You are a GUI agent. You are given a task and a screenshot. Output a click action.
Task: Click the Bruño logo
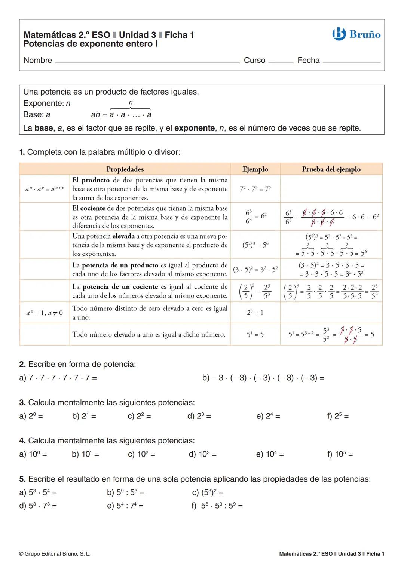pyautogui.click(x=356, y=34)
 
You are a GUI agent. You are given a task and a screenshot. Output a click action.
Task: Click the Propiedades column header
pyautogui.click(x=125, y=169)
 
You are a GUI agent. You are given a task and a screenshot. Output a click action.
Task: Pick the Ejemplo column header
pyautogui.click(x=255, y=169)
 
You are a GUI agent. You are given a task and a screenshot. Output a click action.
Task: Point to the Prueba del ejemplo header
pyautogui.click(x=331, y=169)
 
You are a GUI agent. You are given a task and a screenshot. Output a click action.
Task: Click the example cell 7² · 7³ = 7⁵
pyautogui.click(x=255, y=189)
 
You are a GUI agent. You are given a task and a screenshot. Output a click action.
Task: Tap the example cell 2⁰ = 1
pyautogui.click(x=255, y=313)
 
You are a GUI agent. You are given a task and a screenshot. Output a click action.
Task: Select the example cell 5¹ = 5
pyautogui.click(x=255, y=334)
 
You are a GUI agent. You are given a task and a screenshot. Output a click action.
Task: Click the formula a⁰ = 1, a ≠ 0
pyautogui.click(x=45, y=313)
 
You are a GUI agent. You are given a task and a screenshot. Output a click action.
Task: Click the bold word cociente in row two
pyautogui.click(x=92, y=208)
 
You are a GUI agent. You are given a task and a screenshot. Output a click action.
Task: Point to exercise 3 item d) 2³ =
pyautogui.click(x=199, y=416)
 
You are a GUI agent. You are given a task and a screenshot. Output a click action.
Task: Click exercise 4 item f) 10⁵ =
pyautogui.click(x=340, y=454)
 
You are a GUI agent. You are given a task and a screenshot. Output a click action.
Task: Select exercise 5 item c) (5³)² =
pyautogui.click(x=208, y=493)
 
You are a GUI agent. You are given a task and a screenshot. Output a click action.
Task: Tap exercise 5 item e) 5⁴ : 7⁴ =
pyautogui.click(x=125, y=506)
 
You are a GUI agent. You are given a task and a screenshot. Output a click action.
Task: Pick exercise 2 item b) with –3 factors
pyautogui.click(x=263, y=378)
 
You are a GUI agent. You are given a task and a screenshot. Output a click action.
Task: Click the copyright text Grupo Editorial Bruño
pyautogui.click(x=55, y=554)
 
